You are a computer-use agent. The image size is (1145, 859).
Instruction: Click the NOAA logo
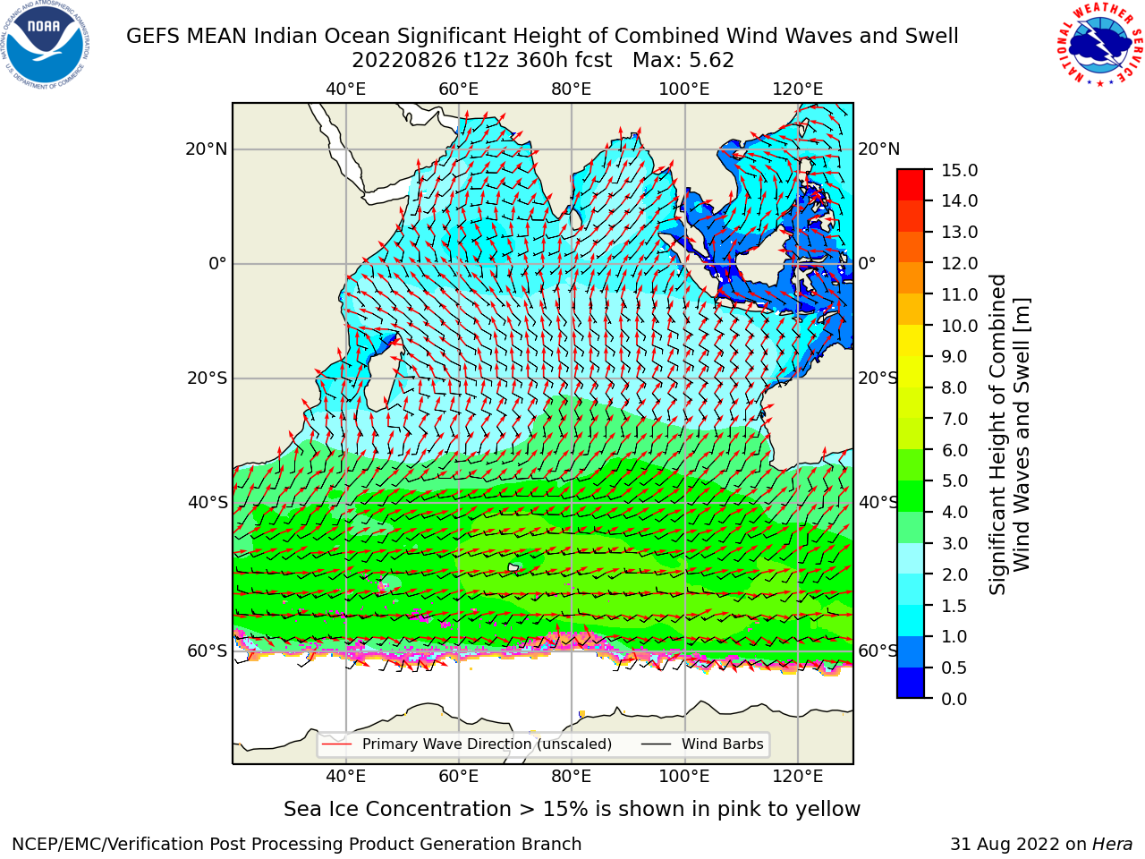coord(46,45)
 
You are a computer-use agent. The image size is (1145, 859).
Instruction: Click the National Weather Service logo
coord(1099,44)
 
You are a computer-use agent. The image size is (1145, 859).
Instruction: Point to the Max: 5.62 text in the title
coord(683,61)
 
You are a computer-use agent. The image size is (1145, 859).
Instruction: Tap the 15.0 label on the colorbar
coord(959,170)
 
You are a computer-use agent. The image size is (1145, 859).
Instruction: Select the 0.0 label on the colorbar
coord(954,698)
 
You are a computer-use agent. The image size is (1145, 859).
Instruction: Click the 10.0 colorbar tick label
coord(959,326)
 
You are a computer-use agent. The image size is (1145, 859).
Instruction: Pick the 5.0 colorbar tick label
coord(954,481)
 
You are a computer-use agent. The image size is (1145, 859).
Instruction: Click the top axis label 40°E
coord(346,89)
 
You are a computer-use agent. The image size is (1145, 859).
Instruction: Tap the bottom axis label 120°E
coord(798,776)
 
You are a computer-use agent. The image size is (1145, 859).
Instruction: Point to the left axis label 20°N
coord(207,149)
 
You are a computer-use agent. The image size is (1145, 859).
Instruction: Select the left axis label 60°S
coord(208,651)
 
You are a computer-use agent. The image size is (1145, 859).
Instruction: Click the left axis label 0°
coord(218,263)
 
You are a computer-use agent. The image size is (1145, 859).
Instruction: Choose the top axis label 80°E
coord(572,89)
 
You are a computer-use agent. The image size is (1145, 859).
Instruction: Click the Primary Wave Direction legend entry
coord(467,744)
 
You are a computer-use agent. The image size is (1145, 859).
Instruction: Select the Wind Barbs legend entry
coord(702,744)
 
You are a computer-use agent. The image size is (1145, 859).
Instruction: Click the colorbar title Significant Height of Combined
coord(997,435)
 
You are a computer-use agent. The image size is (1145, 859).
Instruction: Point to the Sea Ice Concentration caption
coord(572,809)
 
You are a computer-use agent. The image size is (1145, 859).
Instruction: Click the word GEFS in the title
coord(154,36)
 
